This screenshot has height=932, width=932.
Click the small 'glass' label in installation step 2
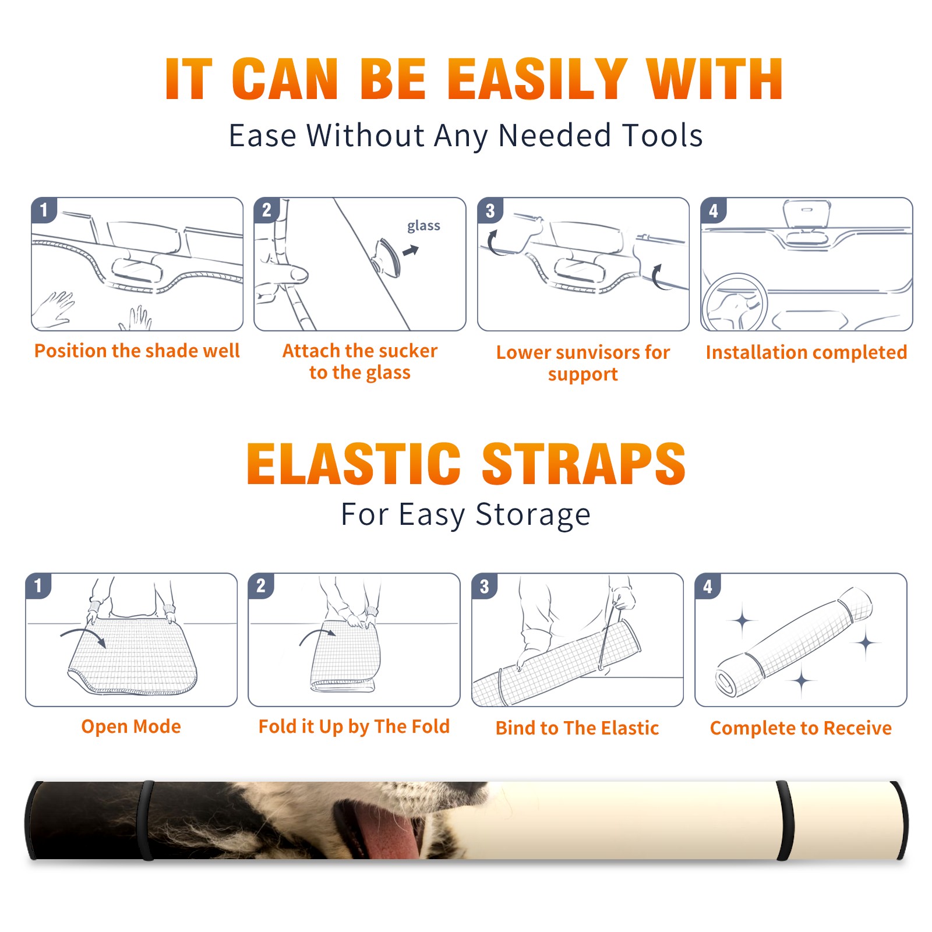(423, 226)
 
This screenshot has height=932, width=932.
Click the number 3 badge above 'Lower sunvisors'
(490, 211)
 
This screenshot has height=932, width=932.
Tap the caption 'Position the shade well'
(137, 351)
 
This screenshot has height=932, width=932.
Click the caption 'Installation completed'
(806, 352)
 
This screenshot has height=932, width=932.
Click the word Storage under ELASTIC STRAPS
(533, 515)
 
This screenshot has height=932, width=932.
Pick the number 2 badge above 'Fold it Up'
(261, 586)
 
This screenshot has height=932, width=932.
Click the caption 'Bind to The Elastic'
(577, 728)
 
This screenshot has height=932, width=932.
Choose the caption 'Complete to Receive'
(800, 728)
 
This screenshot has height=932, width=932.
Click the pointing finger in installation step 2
(284, 274)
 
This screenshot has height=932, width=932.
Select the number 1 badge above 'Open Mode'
(38, 586)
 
